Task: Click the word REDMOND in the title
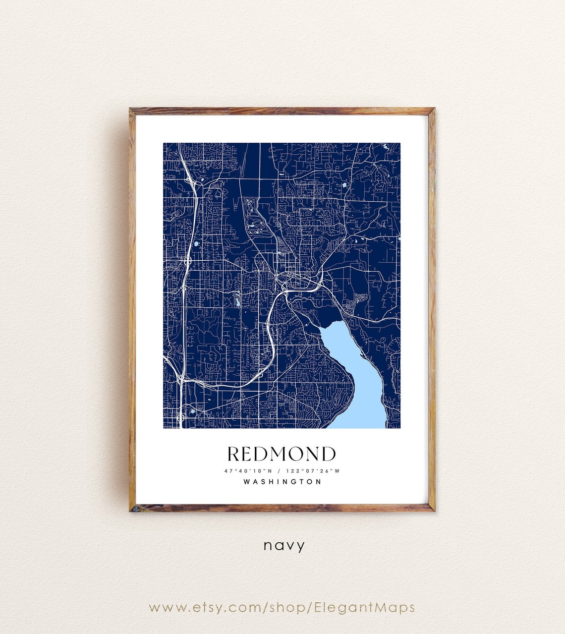[282, 454]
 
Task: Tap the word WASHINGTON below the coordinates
[282, 481]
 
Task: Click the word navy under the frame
[284, 546]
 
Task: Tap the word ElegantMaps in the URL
[365, 607]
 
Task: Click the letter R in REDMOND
[234, 454]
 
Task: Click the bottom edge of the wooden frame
[282, 508]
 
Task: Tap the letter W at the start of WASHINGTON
[247, 481]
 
